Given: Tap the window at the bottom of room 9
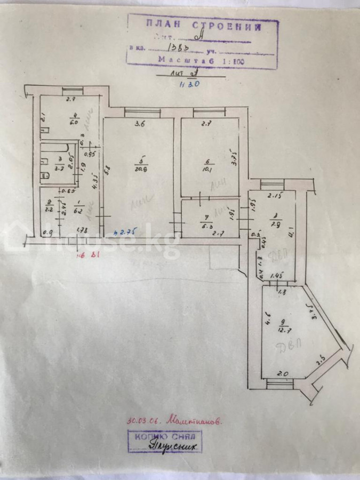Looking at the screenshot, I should click(281, 382).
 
